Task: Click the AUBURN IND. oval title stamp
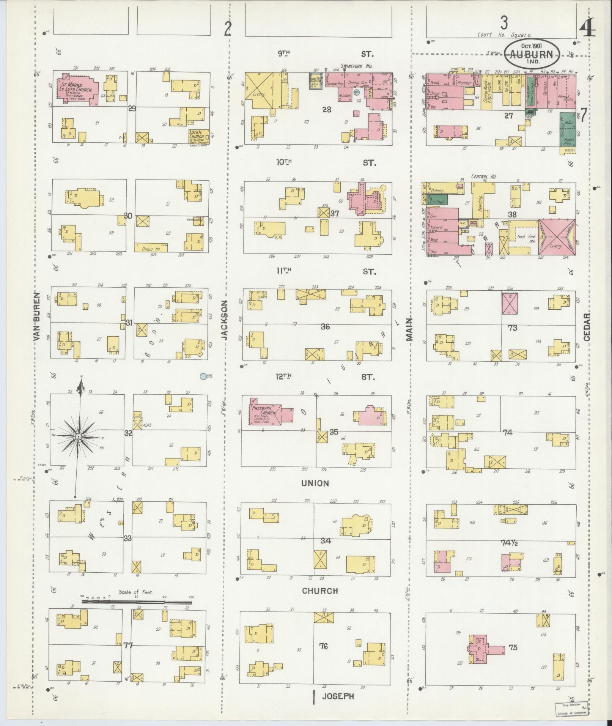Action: click(x=532, y=54)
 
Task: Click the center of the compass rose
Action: click(x=79, y=437)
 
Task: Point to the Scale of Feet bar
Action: click(x=137, y=602)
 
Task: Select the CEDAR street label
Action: click(x=587, y=327)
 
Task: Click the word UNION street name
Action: click(x=315, y=483)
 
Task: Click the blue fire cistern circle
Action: click(x=203, y=376)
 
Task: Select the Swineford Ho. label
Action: click(x=356, y=66)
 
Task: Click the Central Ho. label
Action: click(x=484, y=176)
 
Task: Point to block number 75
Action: click(x=513, y=647)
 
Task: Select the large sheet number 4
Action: click(x=587, y=28)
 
